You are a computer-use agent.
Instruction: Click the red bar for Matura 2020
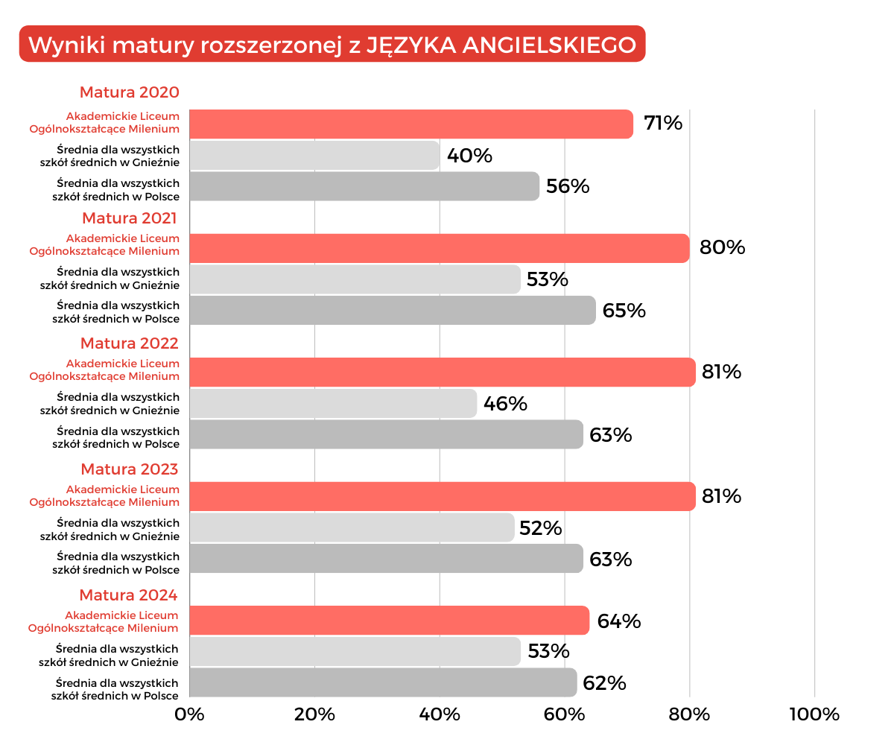411,124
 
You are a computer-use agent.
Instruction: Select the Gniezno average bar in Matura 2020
314,155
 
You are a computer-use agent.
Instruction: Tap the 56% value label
568,186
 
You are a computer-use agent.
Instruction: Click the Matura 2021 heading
130,218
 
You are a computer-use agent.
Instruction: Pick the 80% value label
723,247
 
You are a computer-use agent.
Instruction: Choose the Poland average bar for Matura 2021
393,310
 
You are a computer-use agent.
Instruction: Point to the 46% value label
505,404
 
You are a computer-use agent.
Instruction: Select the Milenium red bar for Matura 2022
443,372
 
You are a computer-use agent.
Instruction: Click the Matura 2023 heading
130,469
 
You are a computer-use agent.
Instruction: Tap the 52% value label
541,528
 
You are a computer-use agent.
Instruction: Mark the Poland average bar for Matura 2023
386,559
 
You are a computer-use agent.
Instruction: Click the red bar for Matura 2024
389,621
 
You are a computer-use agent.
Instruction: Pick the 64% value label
619,621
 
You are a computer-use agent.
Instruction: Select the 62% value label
605,683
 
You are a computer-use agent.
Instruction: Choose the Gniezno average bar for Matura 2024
355,651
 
